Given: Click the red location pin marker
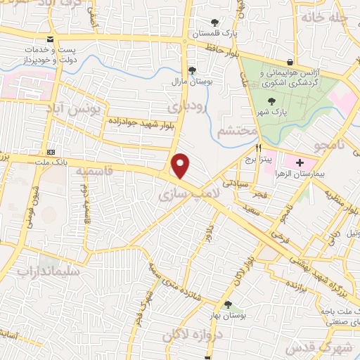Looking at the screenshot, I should pos(181,165).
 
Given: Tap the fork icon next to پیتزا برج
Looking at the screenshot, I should pos(259,148).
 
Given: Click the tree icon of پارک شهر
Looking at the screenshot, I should pos(272,103).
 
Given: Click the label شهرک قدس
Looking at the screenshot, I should pos(331,347).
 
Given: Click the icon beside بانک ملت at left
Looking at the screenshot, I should pos(51,152).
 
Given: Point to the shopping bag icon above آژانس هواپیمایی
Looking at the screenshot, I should pos(290,62).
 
